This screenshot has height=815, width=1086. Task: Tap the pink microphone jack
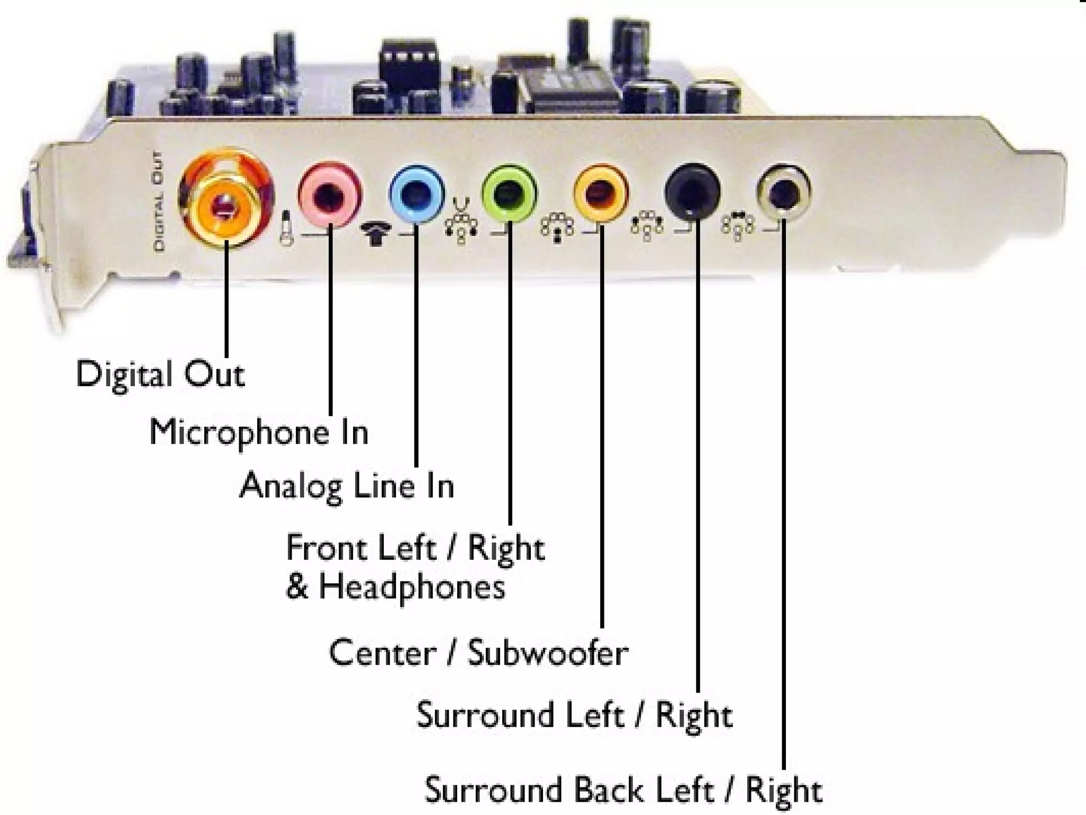(330, 195)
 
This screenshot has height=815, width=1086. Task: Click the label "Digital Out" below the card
(160, 375)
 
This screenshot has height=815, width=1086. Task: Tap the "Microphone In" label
(259, 432)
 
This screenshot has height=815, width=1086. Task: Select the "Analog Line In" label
(347, 485)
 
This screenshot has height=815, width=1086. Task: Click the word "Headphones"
(411, 588)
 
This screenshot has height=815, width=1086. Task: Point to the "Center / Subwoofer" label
(478, 653)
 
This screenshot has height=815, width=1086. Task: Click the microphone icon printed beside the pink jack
(287, 229)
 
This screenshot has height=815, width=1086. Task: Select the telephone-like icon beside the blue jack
(376, 233)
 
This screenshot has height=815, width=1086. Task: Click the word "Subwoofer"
(548, 653)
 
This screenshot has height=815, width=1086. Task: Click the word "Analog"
(291, 485)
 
